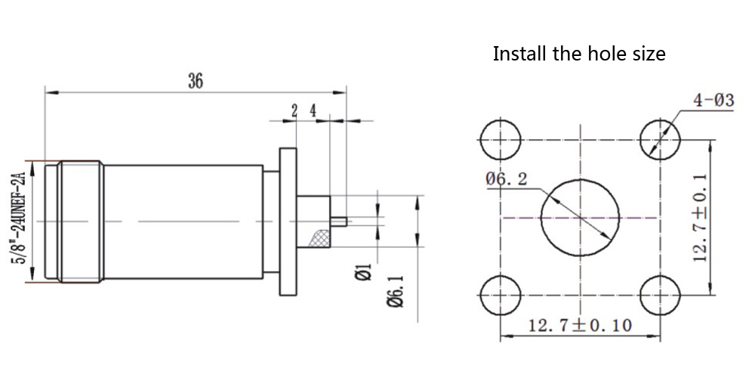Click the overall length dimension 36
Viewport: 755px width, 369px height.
coord(196,82)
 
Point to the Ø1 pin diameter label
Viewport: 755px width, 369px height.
coord(362,271)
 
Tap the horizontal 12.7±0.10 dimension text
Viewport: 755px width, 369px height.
coord(580,325)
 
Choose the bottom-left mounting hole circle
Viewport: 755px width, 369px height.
coord(501,293)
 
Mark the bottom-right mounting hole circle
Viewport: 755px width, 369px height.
coord(660,293)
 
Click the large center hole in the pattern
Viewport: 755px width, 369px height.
coord(579,218)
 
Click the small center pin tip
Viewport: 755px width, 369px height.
coord(341,222)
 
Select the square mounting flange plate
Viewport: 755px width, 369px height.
coord(288,221)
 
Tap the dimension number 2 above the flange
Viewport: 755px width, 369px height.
coord(294,110)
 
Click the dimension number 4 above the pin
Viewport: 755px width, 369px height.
coord(313,110)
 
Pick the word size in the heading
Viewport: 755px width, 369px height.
coord(648,54)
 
